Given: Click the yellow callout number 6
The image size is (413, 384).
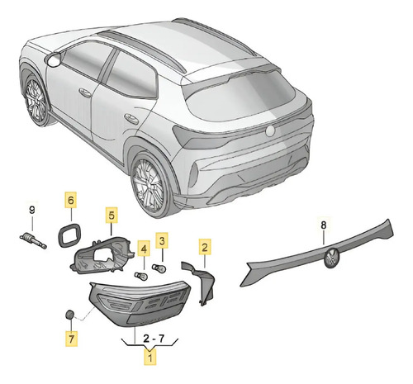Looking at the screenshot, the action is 71,200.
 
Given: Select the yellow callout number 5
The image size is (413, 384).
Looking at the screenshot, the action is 112,216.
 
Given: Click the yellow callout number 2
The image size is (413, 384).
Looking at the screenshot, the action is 205,247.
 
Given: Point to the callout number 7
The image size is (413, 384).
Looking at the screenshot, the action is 72,339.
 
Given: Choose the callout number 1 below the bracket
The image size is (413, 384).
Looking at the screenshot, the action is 150,358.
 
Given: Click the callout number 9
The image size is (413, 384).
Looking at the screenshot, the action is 32,211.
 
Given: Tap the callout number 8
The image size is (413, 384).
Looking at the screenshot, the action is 324,225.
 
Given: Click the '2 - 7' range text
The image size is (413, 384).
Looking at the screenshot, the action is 154,339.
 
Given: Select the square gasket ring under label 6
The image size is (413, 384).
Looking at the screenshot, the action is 69,235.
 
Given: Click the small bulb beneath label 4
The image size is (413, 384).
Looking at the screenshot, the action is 141,276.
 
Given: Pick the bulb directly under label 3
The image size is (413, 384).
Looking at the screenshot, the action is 159,268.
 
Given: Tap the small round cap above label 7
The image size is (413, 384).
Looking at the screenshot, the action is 70,315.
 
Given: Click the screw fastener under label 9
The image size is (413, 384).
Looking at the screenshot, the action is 33,240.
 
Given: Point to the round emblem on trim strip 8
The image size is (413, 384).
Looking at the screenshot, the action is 332,258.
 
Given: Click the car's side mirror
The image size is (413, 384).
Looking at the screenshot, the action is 54,59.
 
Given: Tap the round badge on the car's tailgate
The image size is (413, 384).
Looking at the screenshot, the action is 270,130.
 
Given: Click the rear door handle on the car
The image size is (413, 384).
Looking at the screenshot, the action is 131,118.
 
